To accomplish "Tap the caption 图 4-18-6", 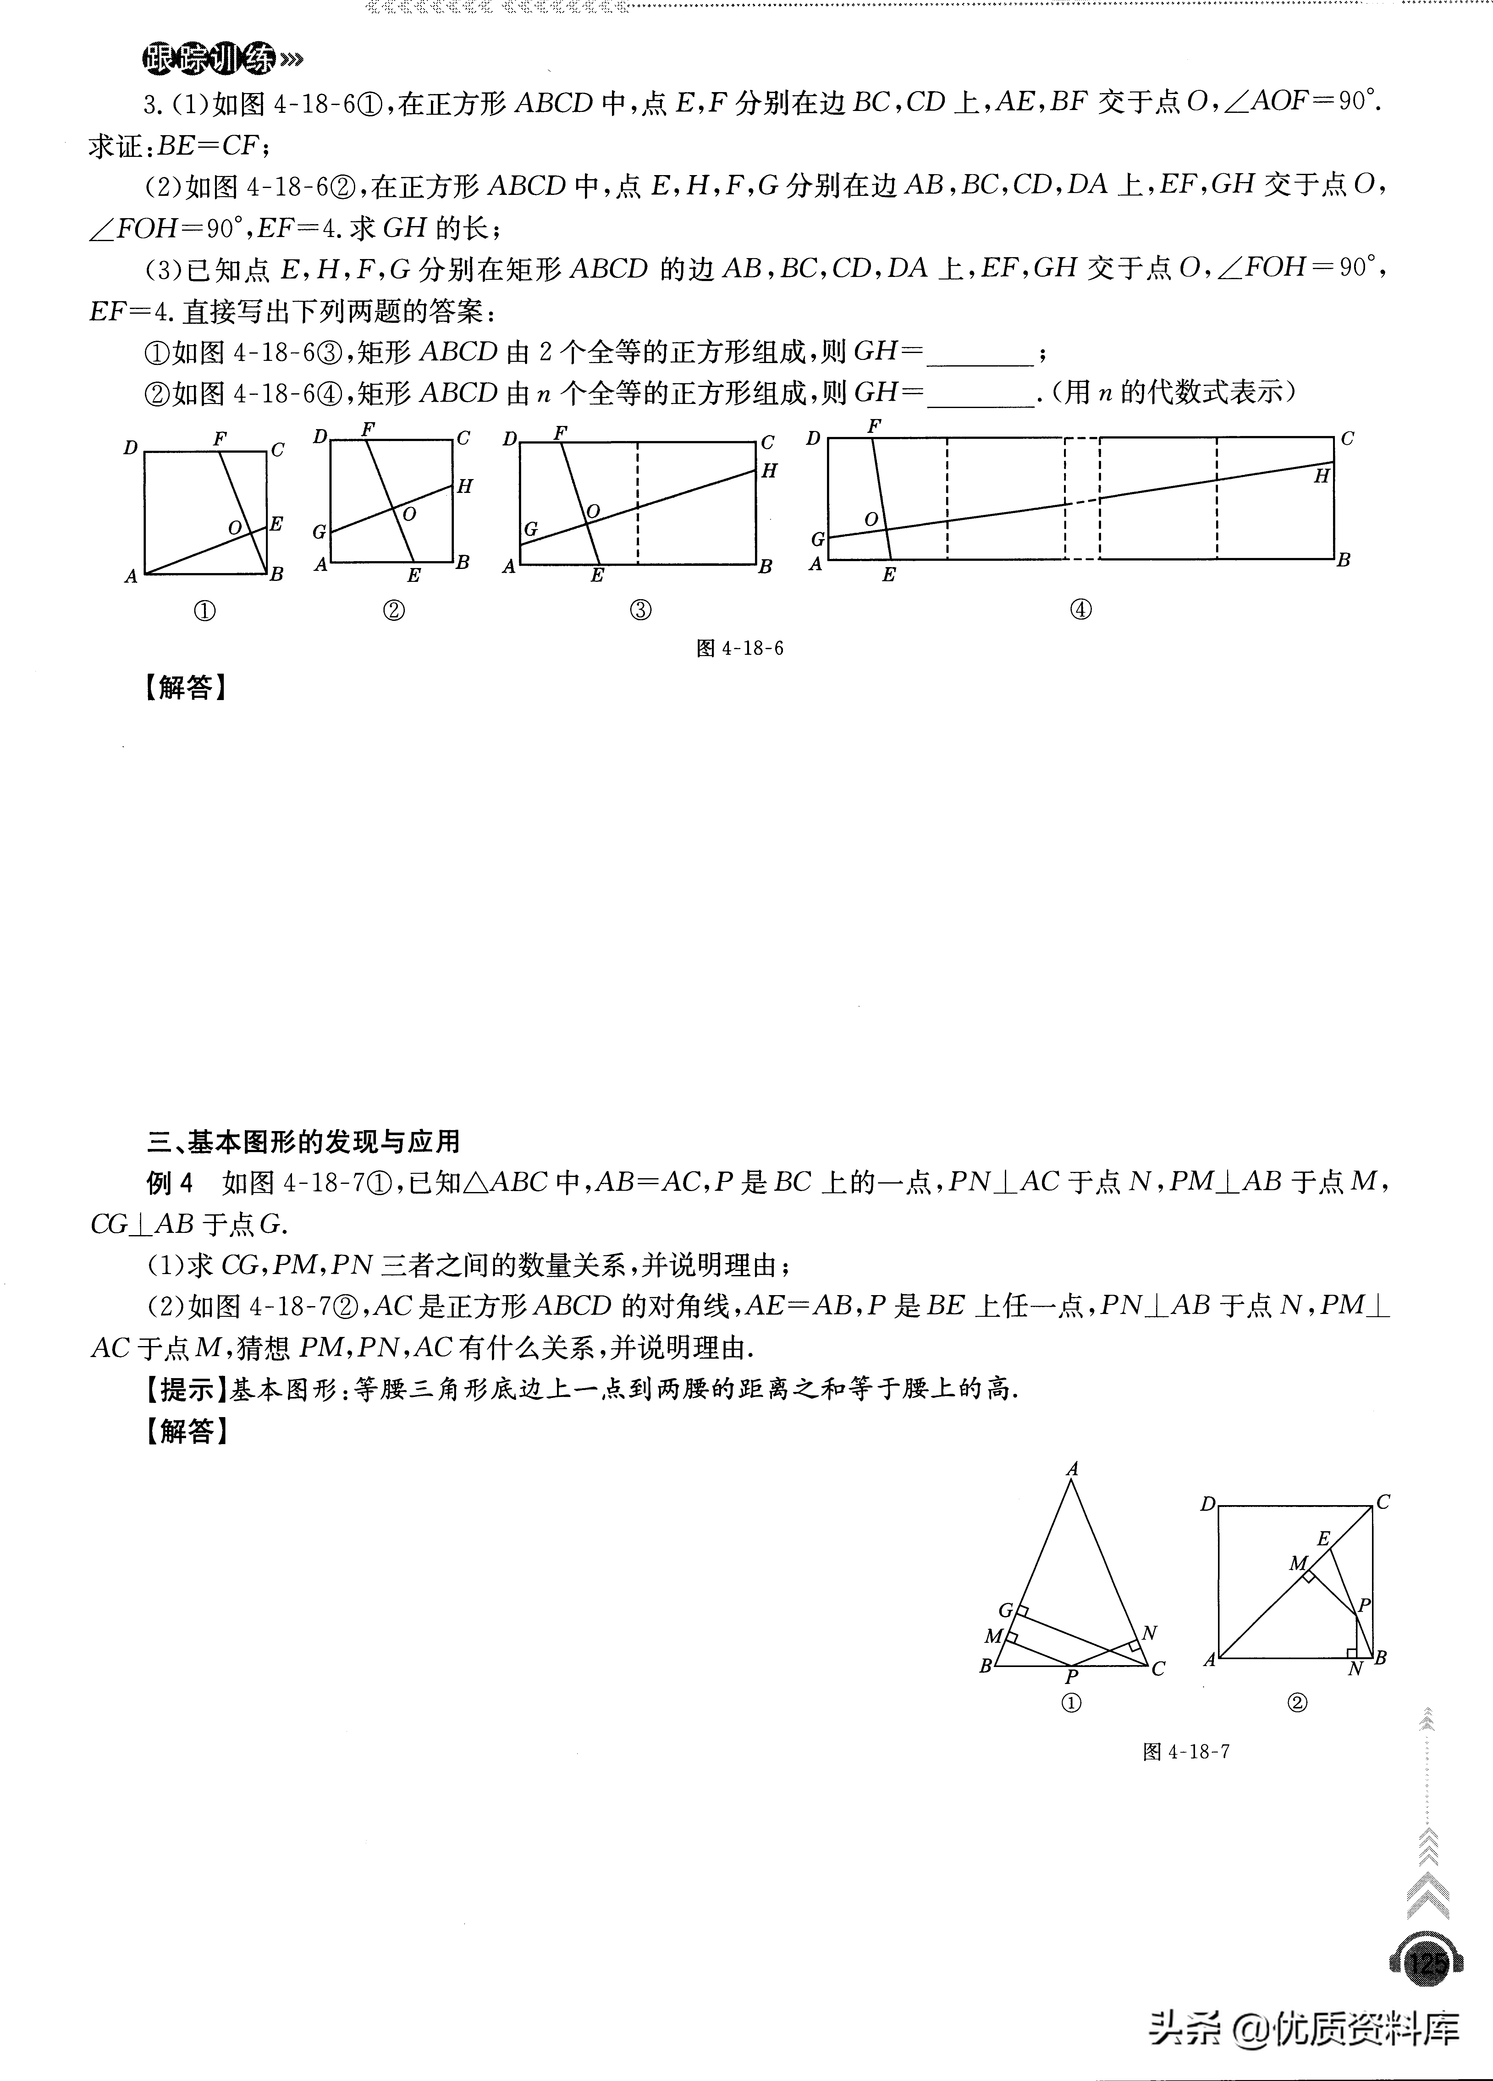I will [740, 649].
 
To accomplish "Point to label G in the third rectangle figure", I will [530, 529].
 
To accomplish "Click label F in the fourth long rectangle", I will [874, 426].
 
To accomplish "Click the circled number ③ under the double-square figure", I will [641, 610].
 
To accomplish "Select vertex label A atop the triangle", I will [1072, 1469].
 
